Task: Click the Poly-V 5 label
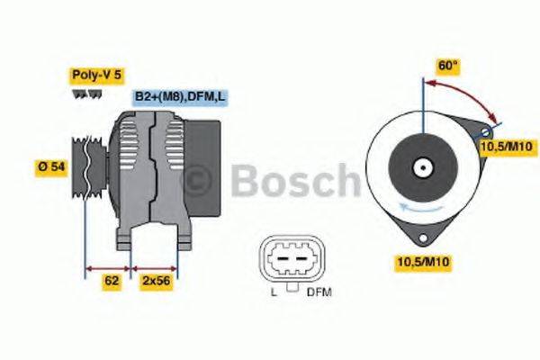pyautogui.click(x=96, y=76)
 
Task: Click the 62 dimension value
pyautogui.click(x=112, y=282)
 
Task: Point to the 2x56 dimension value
pyautogui.click(x=155, y=282)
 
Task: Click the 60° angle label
pyautogui.click(x=448, y=66)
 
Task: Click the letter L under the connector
pyautogui.click(x=273, y=292)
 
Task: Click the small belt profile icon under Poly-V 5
pyautogui.click(x=85, y=93)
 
